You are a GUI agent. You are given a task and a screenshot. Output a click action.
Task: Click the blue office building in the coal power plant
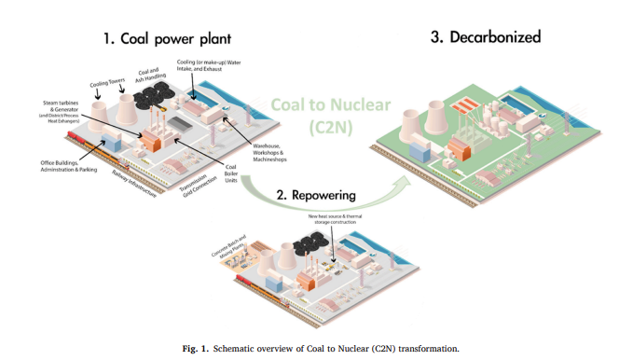coord(112,142)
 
